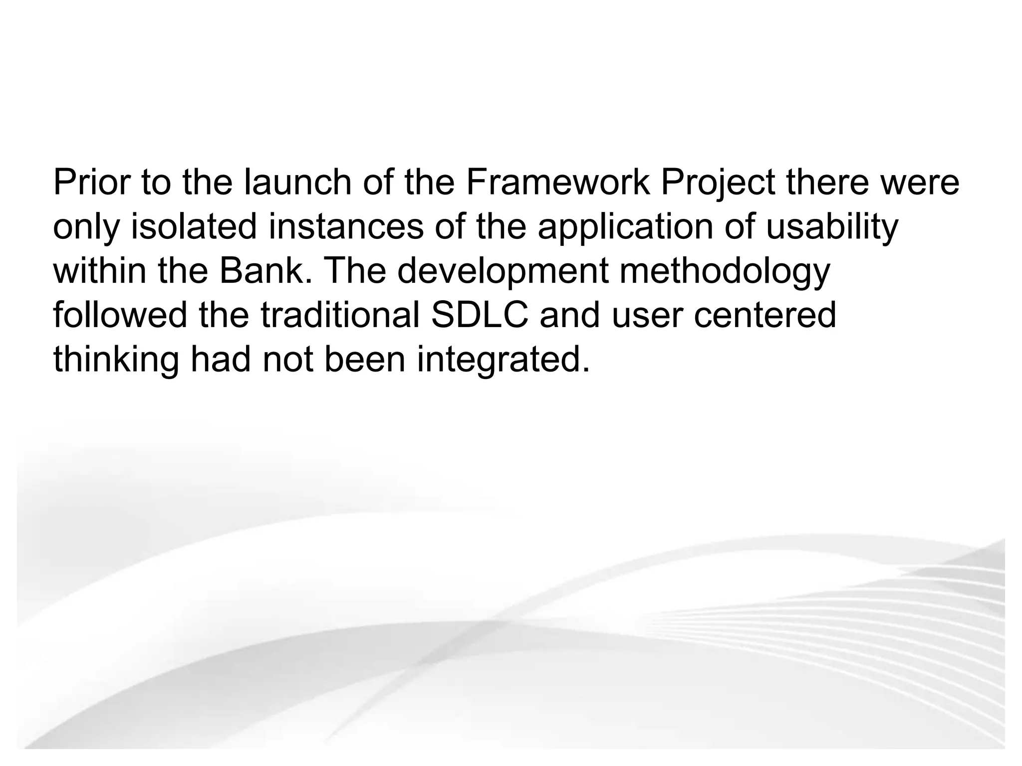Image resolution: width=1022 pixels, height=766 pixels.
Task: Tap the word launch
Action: [297, 183]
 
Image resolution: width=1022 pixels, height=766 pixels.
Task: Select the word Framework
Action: [558, 183]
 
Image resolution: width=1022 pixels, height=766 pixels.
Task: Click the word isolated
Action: [194, 227]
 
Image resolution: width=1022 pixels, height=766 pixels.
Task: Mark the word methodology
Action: [725, 272]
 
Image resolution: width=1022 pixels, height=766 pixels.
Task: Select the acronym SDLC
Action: [480, 315]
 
